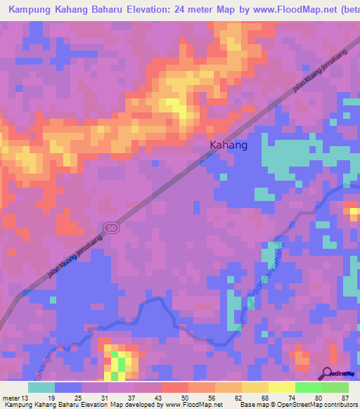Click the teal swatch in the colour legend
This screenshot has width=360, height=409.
click(41, 387)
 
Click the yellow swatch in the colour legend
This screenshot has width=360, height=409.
click(281, 387)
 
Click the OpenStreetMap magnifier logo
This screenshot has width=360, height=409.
click(328, 373)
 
